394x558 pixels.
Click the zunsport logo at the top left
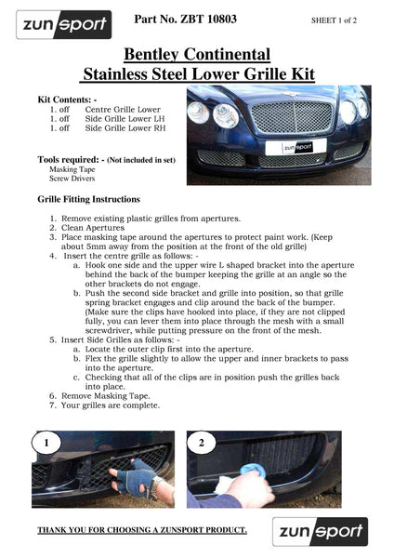(63, 24)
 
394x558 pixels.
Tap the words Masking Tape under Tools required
(72, 169)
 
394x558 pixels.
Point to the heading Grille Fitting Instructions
(89, 199)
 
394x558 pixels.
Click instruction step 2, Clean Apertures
(107, 228)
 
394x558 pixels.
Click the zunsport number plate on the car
(289, 147)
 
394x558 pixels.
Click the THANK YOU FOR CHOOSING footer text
(141, 530)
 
